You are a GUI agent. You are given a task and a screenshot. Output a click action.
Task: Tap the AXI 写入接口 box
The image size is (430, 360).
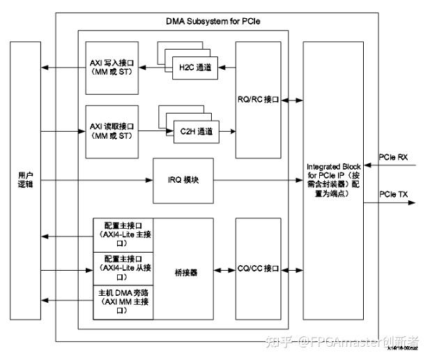point(112,67)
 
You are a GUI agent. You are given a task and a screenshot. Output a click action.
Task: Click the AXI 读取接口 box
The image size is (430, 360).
point(112,130)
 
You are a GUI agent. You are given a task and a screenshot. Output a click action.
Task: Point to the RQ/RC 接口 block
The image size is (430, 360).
point(258,99)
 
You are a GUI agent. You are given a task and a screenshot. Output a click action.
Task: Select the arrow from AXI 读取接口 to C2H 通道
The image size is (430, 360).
point(155,130)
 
